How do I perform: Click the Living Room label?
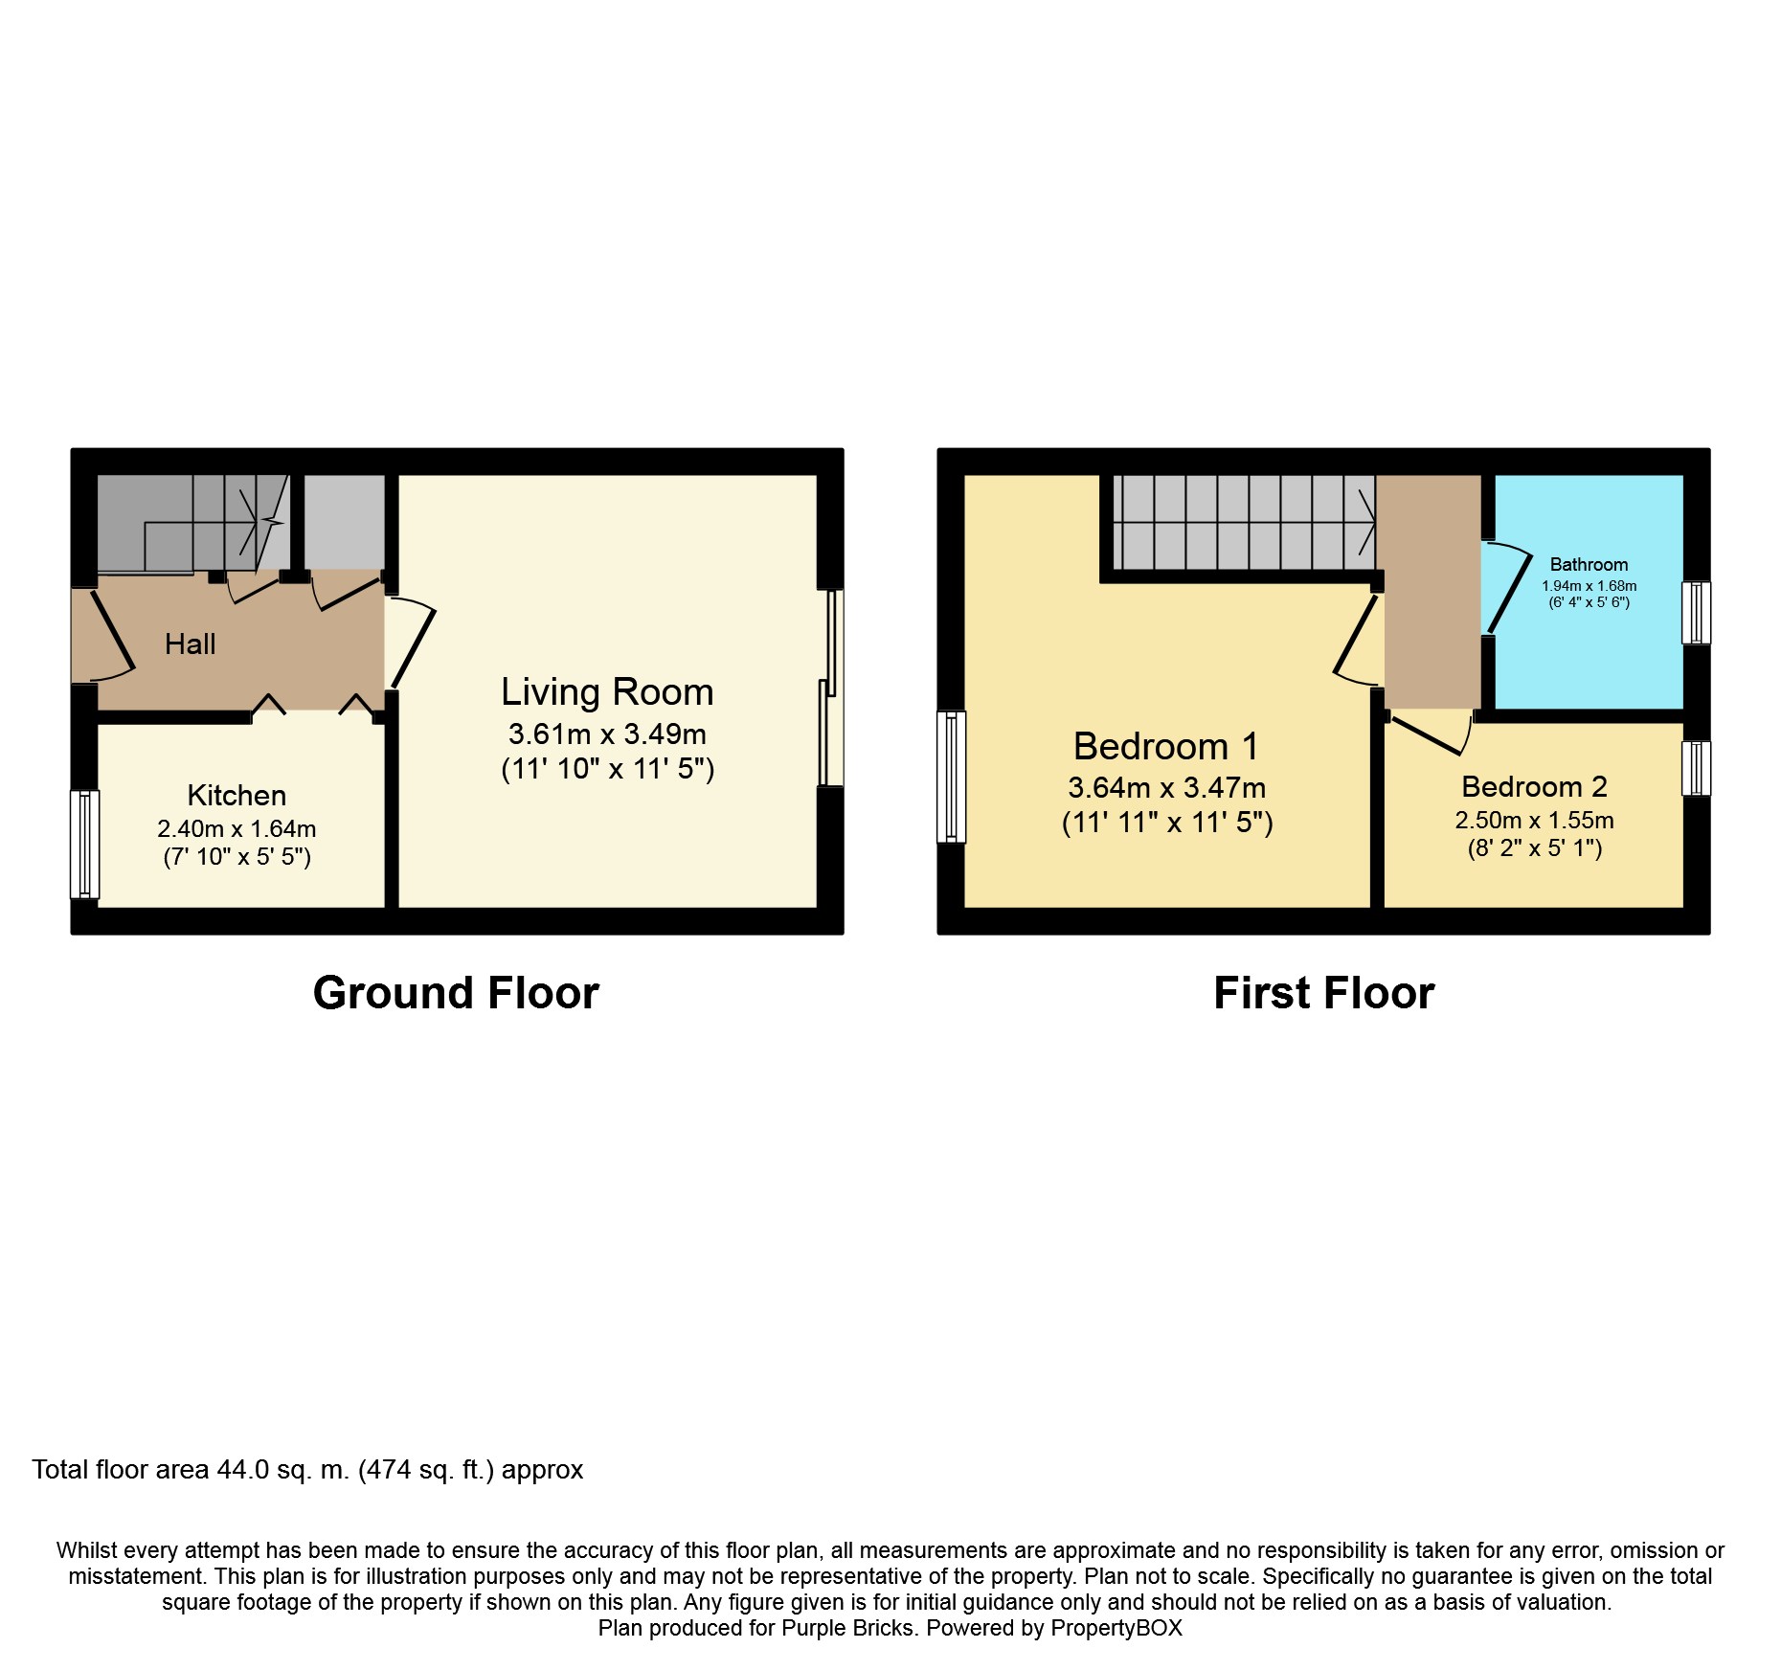click(607, 691)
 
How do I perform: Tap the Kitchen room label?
click(237, 795)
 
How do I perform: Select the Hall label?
click(190, 644)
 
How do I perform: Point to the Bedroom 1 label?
click(1165, 746)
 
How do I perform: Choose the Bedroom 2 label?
click(1534, 786)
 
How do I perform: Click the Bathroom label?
click(1589, 565)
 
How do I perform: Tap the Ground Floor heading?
click(456, 993)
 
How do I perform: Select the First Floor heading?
click(1323, 993)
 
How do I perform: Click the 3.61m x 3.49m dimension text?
click(607, 734)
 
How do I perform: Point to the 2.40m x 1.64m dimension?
click(237, 829)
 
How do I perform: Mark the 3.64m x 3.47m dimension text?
click(1166, 788)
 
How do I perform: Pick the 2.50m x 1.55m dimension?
click(1534, 821)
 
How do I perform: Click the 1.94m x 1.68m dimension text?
click(1589, 586)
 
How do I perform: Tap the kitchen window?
click(85, 844)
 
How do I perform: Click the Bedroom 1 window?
click(952, 777)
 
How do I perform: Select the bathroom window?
click(1696, 613)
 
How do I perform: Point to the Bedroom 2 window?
click(1696, 768)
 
